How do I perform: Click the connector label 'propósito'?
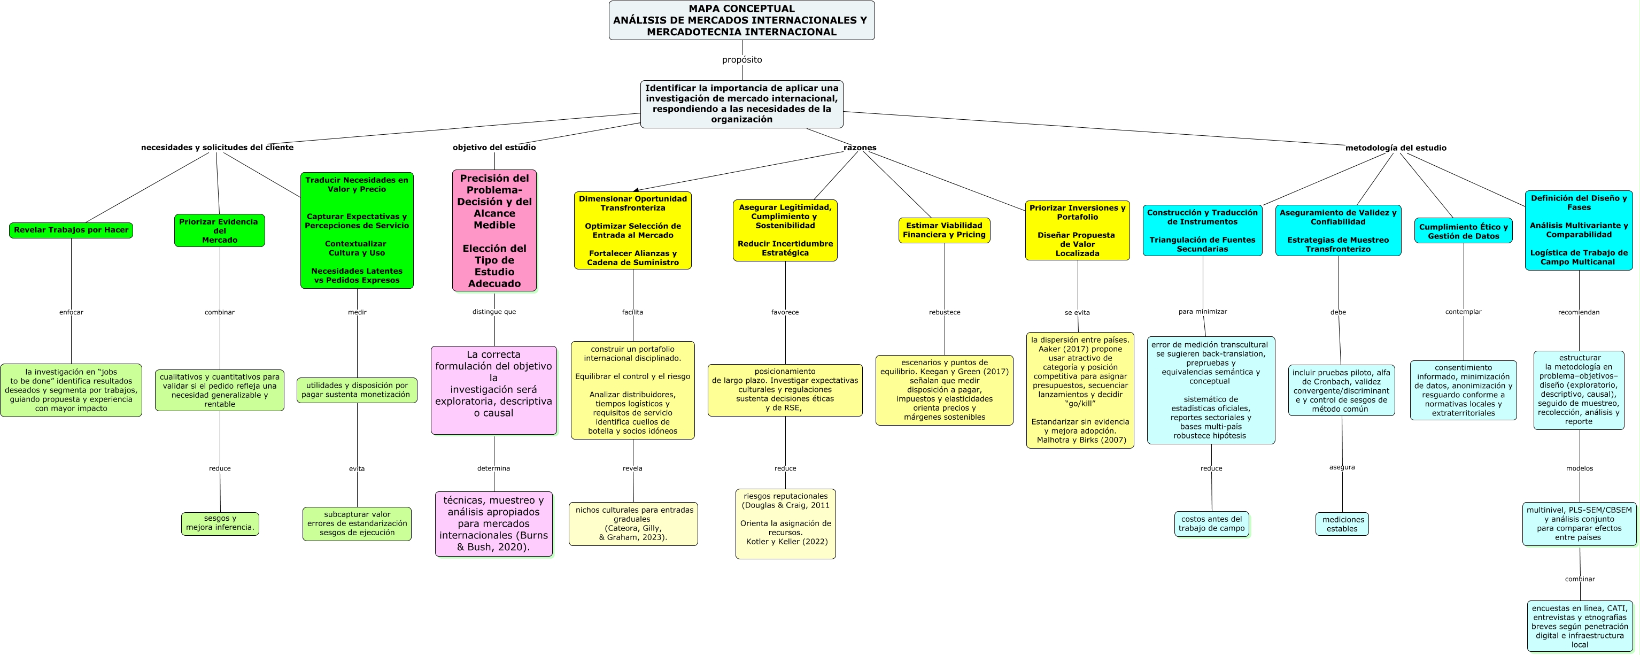click(x=742, y=60)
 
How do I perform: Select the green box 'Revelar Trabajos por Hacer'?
click(x=71, y=230)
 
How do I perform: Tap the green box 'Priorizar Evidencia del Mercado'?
click(x=220, y=230)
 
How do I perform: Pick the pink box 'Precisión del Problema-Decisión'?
click(x=494, y=230)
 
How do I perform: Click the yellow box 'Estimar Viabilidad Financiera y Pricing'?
click(x=944, y=230)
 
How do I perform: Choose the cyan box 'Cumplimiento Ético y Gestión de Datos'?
click(x=1463, y=231)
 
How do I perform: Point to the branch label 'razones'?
click(x=860, y=148)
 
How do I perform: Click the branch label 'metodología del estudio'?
click(x=1396, y=148)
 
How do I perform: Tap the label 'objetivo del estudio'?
click(x=494, y=148)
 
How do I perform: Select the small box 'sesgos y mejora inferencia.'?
click(x=220, y=523)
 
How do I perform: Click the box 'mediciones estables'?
click(x=1342, y=524)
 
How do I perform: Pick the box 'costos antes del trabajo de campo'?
click(x=1211, y=524)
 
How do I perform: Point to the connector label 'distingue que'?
click(x=494, y=312)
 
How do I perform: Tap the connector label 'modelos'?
click(x=1580, y=468)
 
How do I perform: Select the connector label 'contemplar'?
click(x=1463, y=312)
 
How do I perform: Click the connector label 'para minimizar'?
click(x=1203, y=312)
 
